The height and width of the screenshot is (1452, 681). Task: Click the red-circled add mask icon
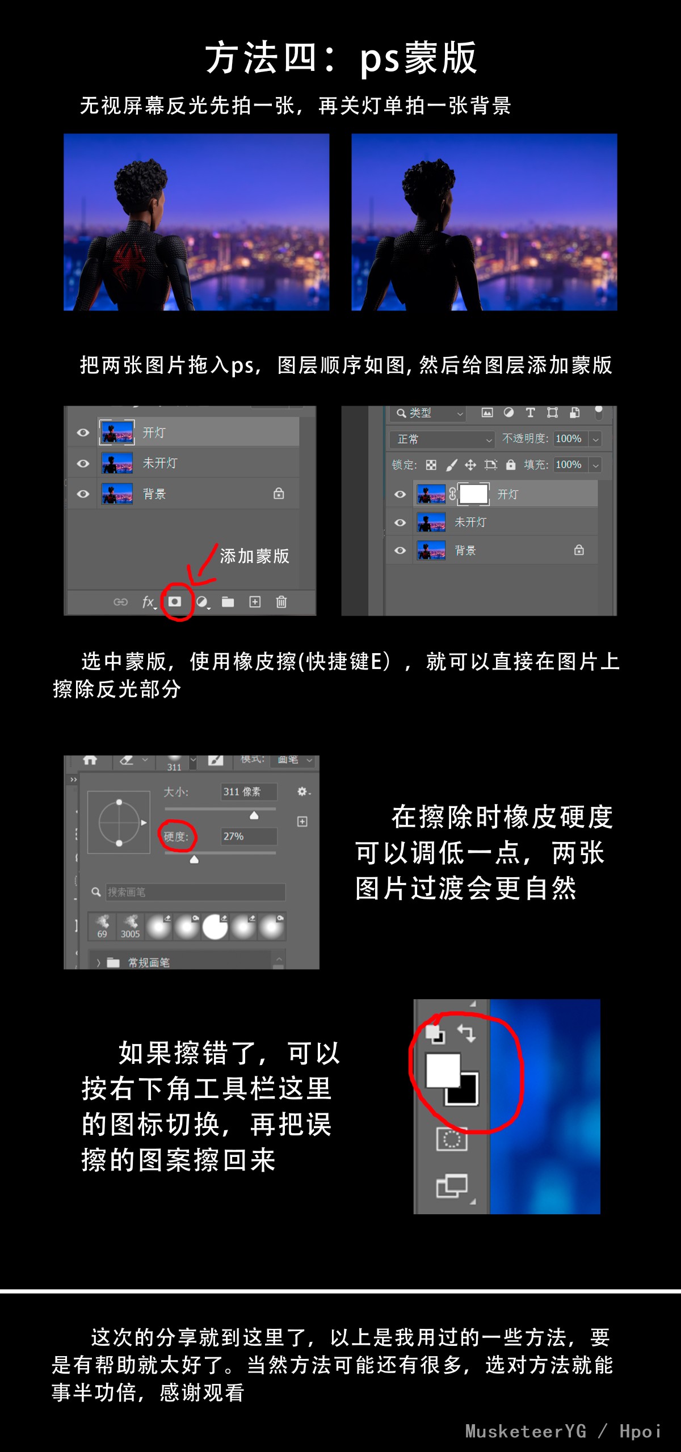tap(175, 601)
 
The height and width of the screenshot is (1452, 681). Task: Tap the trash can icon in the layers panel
tap(281, 601)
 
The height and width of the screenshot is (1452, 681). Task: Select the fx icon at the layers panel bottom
tap(149, 601)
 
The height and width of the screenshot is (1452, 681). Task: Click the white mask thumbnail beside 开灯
tap(474, 494)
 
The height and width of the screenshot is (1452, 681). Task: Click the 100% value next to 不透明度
tap(569, 439)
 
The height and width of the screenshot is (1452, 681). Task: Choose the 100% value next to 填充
tap(569, 465)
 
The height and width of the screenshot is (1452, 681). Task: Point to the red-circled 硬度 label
tap(176, 836)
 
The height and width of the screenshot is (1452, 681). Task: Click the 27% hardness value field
tap(249, 836)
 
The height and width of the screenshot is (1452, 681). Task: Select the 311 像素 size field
tap(249, 792)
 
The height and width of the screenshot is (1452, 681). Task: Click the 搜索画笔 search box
tap(195, 892)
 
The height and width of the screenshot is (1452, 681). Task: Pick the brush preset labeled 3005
tap(130, 927)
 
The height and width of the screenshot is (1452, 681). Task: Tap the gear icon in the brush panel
tap(302, 791)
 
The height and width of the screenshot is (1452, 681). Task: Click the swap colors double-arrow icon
tap(466, 1033)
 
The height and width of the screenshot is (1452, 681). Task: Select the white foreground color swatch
tap(443, 1070)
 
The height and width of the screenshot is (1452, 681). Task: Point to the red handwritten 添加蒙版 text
tap(255, 556)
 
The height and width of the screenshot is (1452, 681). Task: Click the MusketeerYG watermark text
tap(526, 1431)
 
